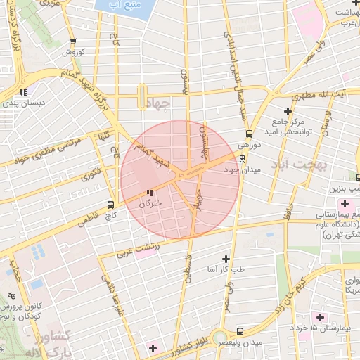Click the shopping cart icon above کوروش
74,41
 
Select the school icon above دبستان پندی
23,91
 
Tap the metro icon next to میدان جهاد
243,158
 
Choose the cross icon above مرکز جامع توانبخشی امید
287,111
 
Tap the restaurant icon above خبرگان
149,193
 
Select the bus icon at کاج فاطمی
110,204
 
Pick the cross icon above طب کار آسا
225,259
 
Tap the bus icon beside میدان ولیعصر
240,330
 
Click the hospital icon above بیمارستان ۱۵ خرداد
320,318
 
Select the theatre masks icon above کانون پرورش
10,296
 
